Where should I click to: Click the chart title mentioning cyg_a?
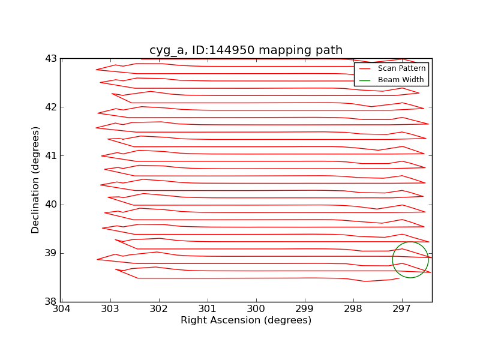[x=246, y=50]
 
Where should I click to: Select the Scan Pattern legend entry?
[x=401, y=68]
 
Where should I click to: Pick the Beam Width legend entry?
[x=401, y=80]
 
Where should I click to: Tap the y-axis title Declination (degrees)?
[x=36, y=180]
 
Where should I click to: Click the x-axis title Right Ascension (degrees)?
[x=246, y=320]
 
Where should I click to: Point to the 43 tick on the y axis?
[x=51, y=59]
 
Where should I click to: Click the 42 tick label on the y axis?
[x=51, y=107]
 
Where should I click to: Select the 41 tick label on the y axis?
[x=51, y=156]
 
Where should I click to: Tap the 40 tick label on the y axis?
[x=51, y=205]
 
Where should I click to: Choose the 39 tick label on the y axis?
[x=51, y=253]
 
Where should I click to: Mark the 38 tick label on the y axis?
[x=51, y=302]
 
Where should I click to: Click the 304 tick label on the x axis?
[x=61, y=310]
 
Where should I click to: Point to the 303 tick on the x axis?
[x=110, y=310]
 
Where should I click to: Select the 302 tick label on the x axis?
[x=158, y=310]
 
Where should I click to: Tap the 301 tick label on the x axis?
[x=207, y=310]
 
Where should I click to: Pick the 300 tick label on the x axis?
[x=256, y=310]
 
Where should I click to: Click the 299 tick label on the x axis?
[x=305, y=310]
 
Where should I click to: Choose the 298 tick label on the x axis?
[x=353, y=310]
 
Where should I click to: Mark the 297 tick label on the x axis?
[x=402, y=310]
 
